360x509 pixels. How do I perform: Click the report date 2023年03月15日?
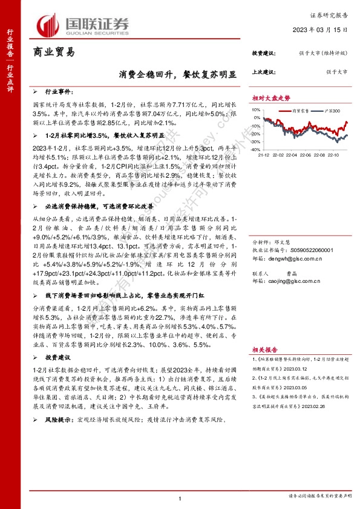pyautogui.click(x=319, y=29)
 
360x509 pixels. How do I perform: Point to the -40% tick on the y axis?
pyautogui.click(x=256, y=149)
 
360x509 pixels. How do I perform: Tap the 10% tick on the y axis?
pyautogui.click(x=257, y=110)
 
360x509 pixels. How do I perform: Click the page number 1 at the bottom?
pyautogui.click(x=180, y=497)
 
